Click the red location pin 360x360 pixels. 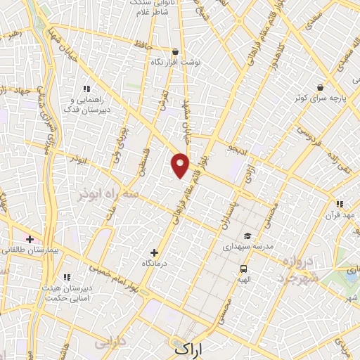181,165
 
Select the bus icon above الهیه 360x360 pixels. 243,269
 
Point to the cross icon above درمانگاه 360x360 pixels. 155,252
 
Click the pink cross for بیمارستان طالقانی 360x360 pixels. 30,239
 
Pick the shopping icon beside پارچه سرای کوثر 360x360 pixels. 320,87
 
